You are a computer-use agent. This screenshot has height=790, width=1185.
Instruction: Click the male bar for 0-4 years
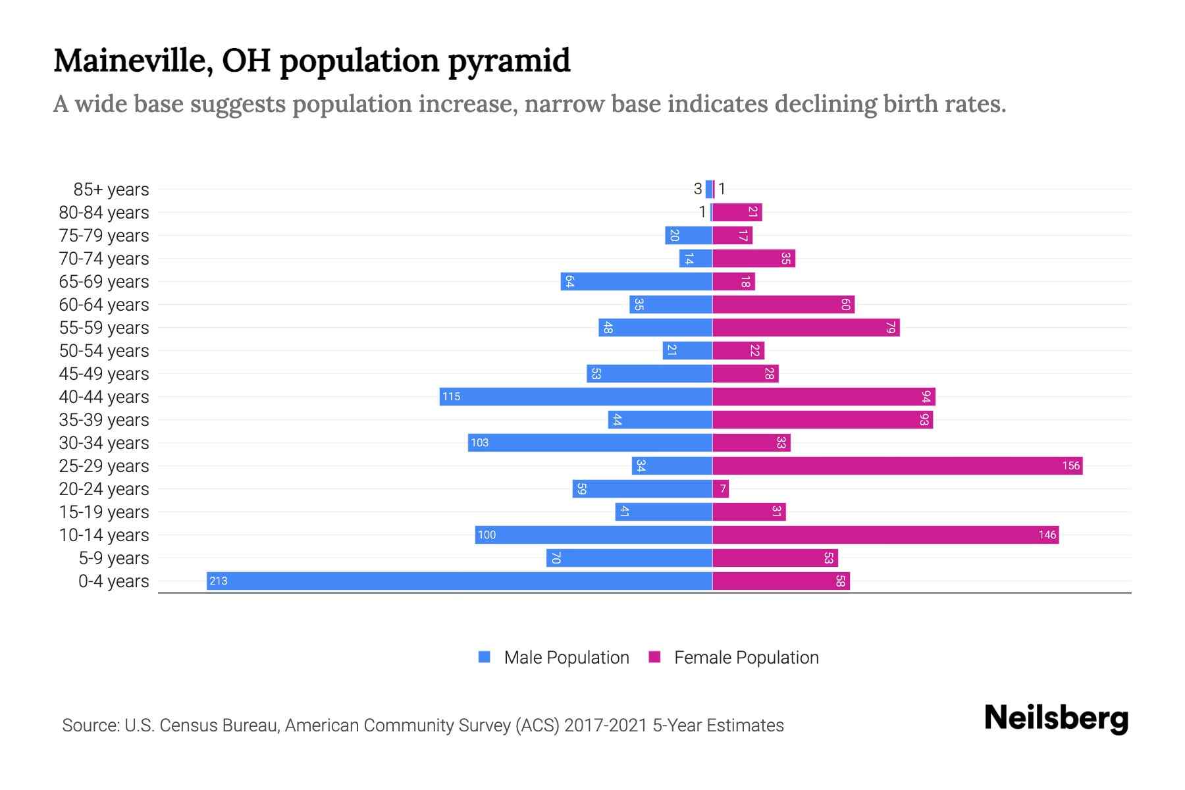[459, 581]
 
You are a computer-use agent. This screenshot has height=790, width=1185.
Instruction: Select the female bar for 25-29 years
[897, 465]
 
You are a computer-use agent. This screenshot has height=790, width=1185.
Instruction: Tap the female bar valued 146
[885, 535]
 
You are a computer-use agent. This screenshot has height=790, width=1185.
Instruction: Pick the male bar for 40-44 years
[575, 396]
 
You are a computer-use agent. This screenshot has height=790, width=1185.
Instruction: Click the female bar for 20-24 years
[720, 488]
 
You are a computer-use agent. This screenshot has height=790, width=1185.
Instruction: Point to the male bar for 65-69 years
[636, 281]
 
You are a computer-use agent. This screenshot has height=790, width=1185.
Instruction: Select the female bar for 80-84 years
[737, 212]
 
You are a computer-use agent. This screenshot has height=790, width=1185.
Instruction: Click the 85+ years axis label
[111, 190]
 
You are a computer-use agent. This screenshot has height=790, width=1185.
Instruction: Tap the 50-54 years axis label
[104, 351]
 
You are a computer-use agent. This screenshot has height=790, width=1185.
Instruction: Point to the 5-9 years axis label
[113, 558]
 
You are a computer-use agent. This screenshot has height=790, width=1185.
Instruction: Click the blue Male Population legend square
[485, 657]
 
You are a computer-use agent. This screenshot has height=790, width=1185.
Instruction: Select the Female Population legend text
[746, 658]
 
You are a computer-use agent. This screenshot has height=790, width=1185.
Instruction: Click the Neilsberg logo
[1056, 718]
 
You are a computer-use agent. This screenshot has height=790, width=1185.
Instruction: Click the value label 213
[218, 581]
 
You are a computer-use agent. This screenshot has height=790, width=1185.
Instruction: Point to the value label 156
[1070, 465]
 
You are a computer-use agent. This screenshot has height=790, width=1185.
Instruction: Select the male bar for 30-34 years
[590, 442]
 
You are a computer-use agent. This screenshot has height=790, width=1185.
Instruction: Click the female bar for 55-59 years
[806, 327]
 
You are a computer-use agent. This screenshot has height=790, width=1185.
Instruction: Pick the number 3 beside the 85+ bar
[698, 189]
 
